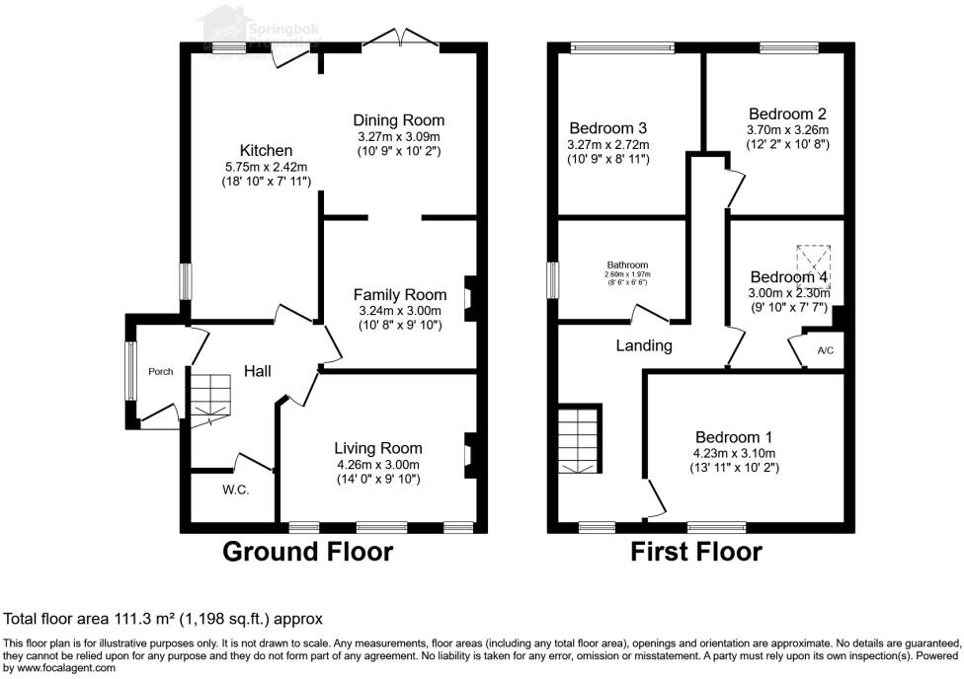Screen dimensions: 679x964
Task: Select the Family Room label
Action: tap(400, 294)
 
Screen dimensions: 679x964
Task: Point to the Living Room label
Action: tap(377, 448)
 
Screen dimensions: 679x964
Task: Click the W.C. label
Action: tap(235, 490)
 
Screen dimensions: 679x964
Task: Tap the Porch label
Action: tap(160, 371)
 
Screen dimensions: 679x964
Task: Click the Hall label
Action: tap(258, 371)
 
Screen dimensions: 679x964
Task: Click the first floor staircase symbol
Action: tap(579, 439)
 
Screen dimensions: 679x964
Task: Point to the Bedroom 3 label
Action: tap(608, 128)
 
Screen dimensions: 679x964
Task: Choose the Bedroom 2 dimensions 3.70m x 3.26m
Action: tap(787, 129)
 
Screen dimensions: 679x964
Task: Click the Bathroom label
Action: tap(627, 264)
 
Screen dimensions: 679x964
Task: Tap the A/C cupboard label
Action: tap(825, 350)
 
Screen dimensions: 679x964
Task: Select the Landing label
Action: tap(644, 345)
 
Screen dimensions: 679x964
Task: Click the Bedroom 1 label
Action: tap(734, 437)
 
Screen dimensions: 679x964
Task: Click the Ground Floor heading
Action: tap(307, 551)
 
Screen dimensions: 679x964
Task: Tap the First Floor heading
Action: tap(696, 551)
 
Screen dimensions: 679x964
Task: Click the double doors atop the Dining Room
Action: tap(400, 38)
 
